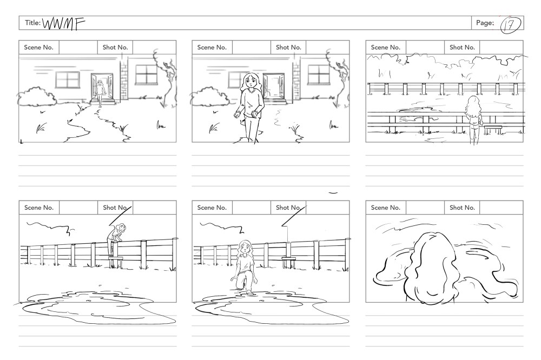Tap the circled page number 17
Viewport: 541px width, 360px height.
click(x=510, y=25)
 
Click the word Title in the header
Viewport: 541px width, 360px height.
click(x=32, y=23)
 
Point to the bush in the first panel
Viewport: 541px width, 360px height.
click(x=37, y=96)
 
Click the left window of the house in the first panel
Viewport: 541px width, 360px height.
click(x=67, y=79)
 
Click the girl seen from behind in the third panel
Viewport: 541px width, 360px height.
click(x=474, y=119)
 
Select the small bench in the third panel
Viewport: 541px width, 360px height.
click(x=493, y=130)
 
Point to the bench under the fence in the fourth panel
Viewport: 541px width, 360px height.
click(x=116, y=262)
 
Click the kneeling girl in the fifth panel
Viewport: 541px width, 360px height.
click(x=243, y=267)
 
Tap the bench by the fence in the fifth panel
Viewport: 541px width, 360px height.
click(x=288, y=262)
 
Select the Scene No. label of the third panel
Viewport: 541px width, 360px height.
click(x=385, y=47)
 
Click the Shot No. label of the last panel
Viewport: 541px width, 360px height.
click(x=462, y=208)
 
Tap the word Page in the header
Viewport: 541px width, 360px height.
click(x=485, y=23)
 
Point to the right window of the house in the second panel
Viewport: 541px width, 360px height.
click(x=319, y=75)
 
